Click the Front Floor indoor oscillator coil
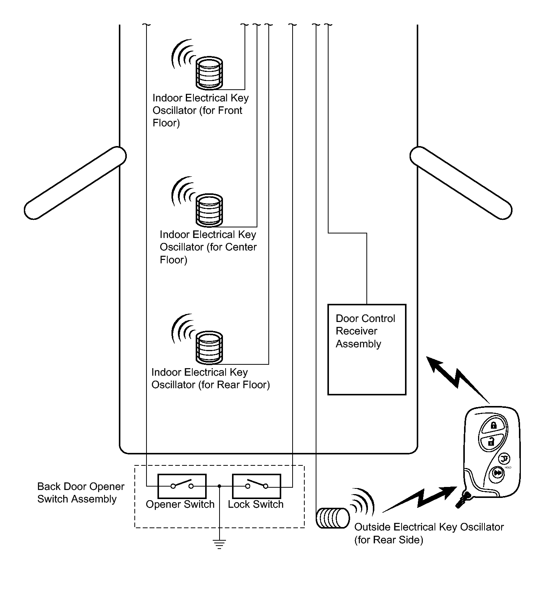tap(209, 72)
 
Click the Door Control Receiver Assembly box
tap(367, 349)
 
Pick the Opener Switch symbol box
tap(182, 486)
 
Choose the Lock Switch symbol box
tap(256, 486)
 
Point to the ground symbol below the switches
tap(219, 544)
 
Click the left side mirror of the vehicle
tap(75, 183)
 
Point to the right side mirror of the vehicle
tap(461, 183)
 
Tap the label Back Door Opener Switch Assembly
tap(81, 493)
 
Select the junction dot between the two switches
tap(219, 486)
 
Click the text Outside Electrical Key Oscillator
tap(429, 527)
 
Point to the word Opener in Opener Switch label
tap(164, 505)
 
